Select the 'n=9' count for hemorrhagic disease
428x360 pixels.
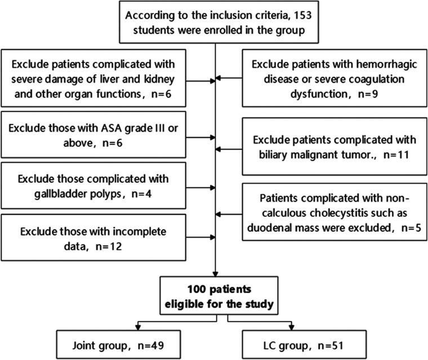[368, 94]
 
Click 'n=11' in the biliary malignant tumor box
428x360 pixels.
[396, 155]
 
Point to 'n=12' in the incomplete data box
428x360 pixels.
[109, 246]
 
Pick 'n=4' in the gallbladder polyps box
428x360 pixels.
[142, 194]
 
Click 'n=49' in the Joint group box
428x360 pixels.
[151, 345]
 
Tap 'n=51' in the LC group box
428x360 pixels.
[331, 345]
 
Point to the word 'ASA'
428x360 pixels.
[112, 128]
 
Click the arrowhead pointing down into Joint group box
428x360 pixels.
[138, 327]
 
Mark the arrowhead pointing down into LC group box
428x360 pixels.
[292, 327]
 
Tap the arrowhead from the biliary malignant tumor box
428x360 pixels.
[218, 149]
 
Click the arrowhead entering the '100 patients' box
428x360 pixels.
[215, 274]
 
